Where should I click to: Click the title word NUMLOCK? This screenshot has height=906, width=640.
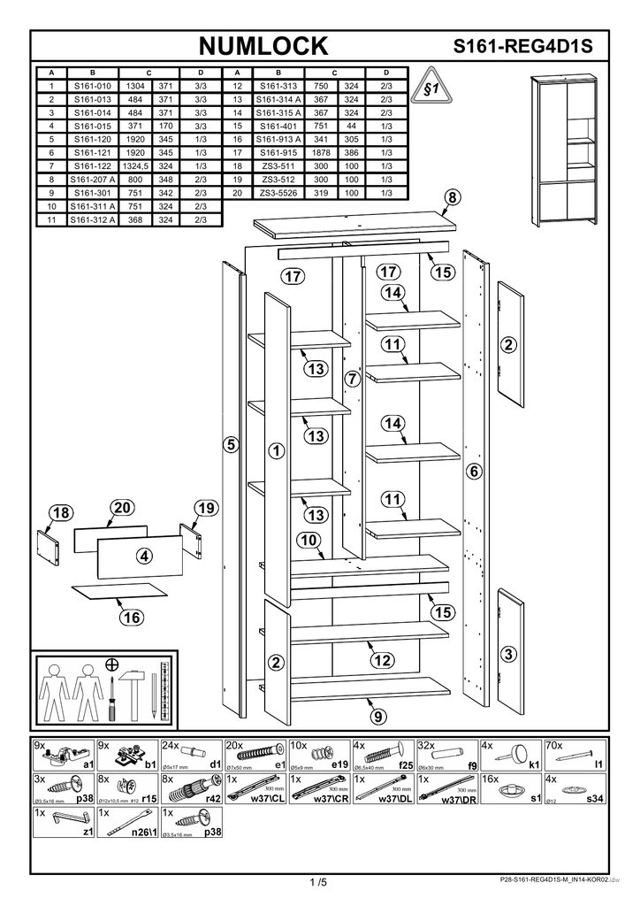tap(263, 46)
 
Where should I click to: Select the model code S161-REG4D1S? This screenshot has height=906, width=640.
tap(522, 47)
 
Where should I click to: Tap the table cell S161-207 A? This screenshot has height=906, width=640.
tap(92, 179)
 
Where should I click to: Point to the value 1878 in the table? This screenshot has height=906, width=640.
tap(321, 152)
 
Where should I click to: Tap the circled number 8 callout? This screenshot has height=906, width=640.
tap(451, 198)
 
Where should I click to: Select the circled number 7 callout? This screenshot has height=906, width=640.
tap(351, 380)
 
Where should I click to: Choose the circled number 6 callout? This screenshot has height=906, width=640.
tap(474, 472)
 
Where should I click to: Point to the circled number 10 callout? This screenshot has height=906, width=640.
tap(309, 541)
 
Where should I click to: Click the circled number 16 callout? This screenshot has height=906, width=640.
tap(132, 618)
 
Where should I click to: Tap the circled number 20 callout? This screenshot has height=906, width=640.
tap(122, 507)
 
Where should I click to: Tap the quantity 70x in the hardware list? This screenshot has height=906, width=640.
tap(554, 745)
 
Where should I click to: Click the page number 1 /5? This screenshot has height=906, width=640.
tap(318, 882)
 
